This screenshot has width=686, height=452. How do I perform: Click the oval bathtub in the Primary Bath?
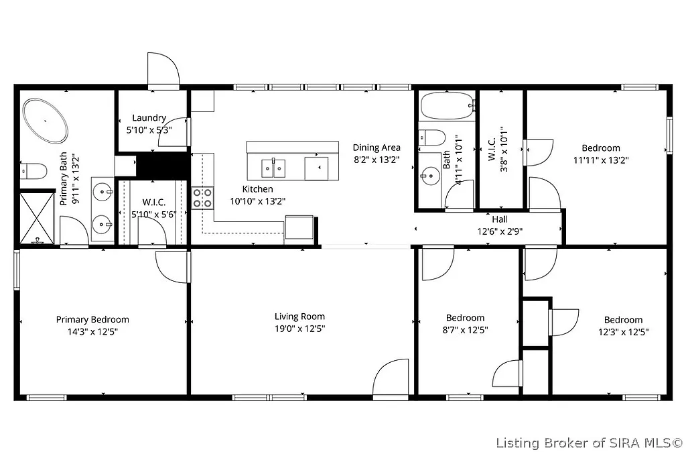pos(46,121)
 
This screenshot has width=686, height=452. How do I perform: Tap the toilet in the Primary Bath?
pos(33,171)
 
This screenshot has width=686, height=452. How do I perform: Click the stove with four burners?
pos(203,198)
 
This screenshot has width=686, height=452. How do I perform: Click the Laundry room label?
pos(149,118)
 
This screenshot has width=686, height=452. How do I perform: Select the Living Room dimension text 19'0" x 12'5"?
pos(299,329)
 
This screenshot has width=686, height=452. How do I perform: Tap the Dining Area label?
pos(376,148)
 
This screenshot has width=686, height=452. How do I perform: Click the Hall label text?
pos(500,219)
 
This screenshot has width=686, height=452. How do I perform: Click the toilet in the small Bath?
pos(431,138)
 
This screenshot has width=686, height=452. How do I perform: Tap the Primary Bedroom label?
pos(92,320)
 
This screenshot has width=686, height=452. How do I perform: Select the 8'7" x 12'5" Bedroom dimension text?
pos(465,330)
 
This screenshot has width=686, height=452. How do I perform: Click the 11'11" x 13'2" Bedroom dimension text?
pos(600,160)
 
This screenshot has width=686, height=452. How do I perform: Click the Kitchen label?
pos(257,189)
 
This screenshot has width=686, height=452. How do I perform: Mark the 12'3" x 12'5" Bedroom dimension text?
pos(623,332)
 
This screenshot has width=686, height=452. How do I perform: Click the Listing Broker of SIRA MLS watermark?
pos(589,443)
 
